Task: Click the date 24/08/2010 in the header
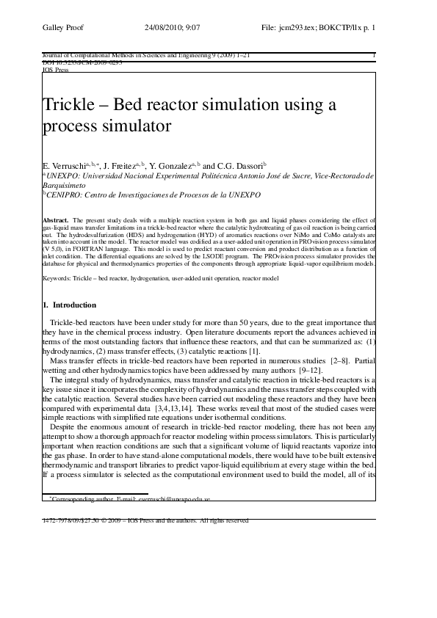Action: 165,27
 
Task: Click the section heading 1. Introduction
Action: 69,304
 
